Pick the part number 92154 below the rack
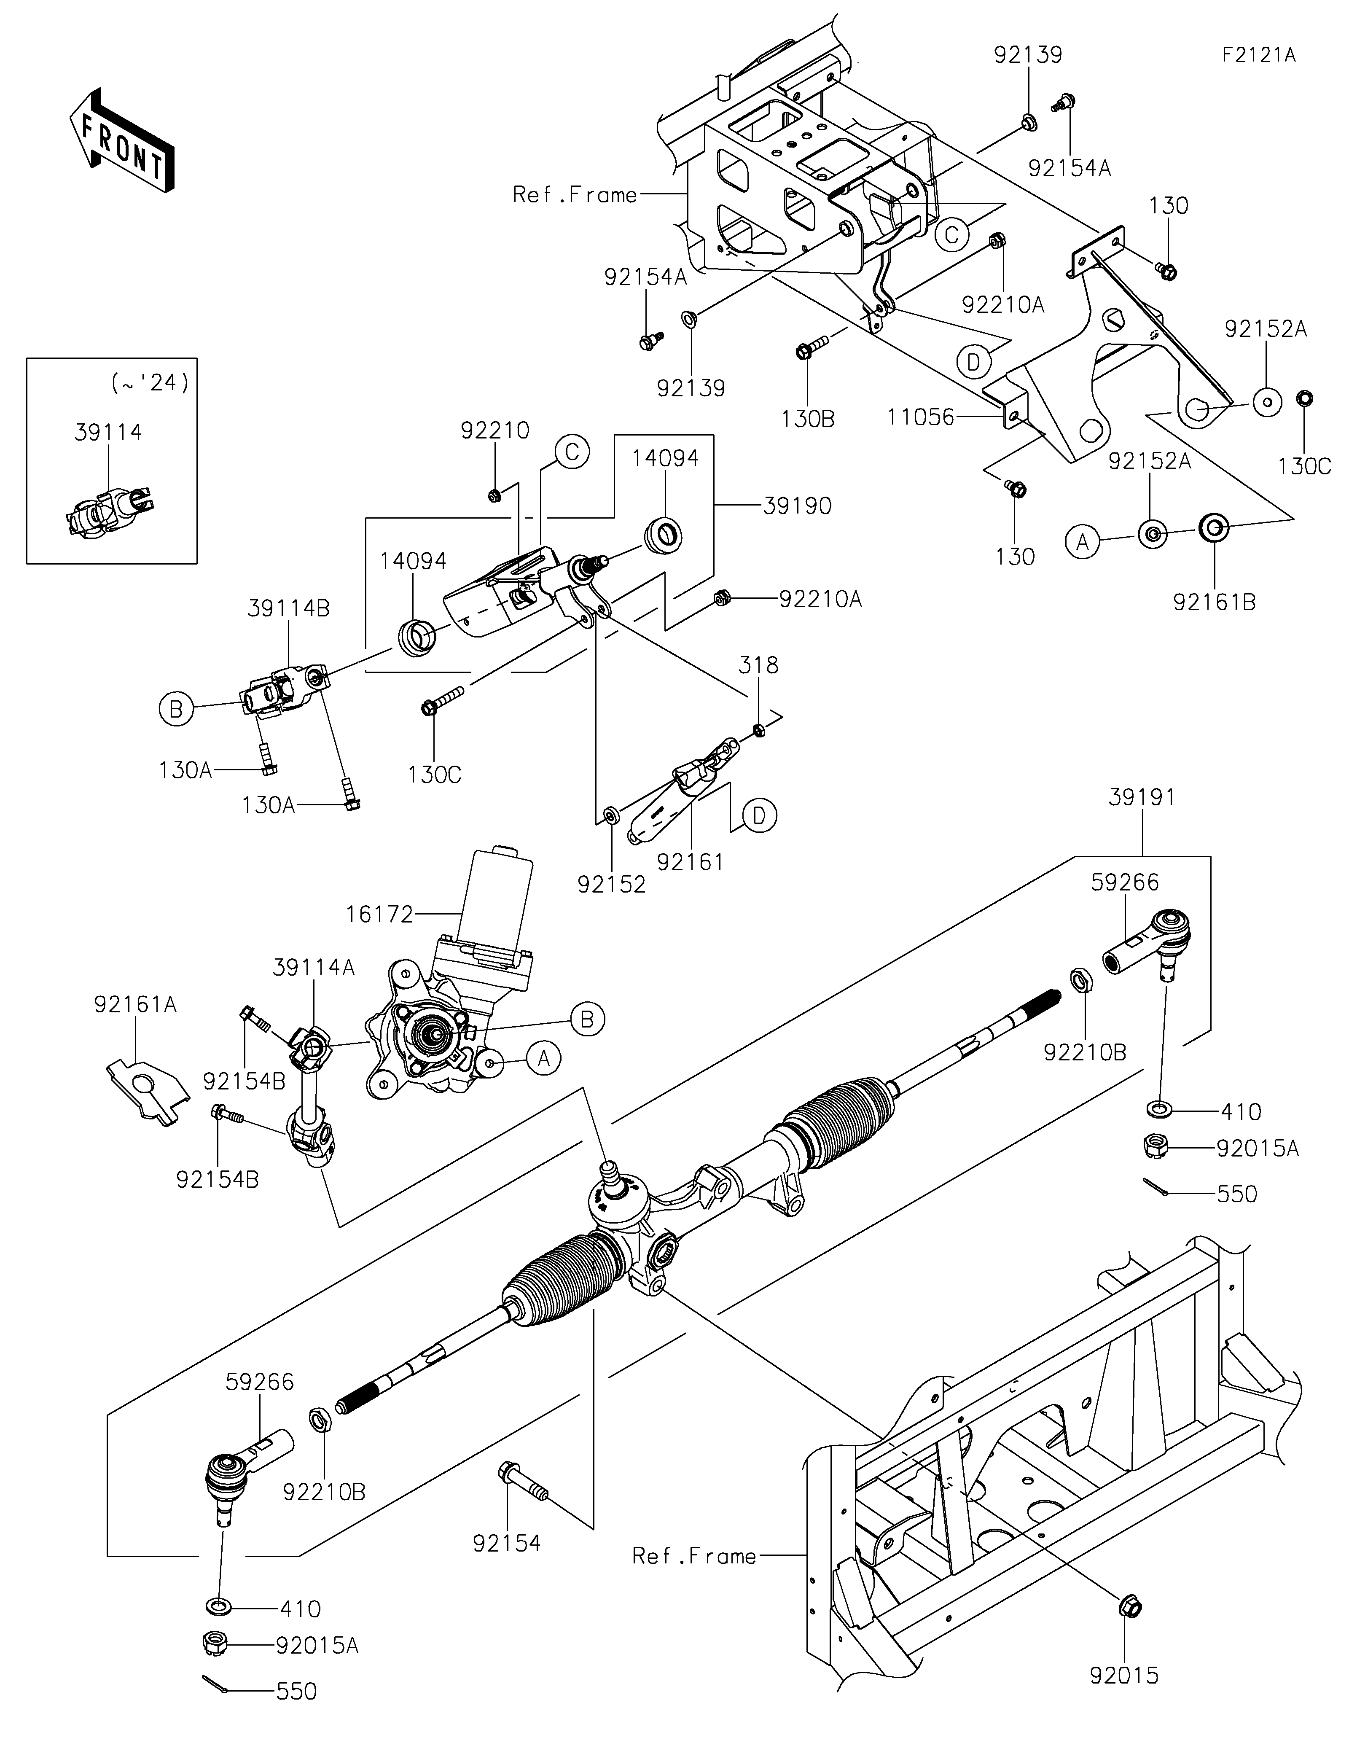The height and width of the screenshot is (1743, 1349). click(507, 1566)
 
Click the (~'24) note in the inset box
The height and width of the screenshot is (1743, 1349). click(150, 383)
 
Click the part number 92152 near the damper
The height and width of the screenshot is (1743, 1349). click(611, 884)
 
